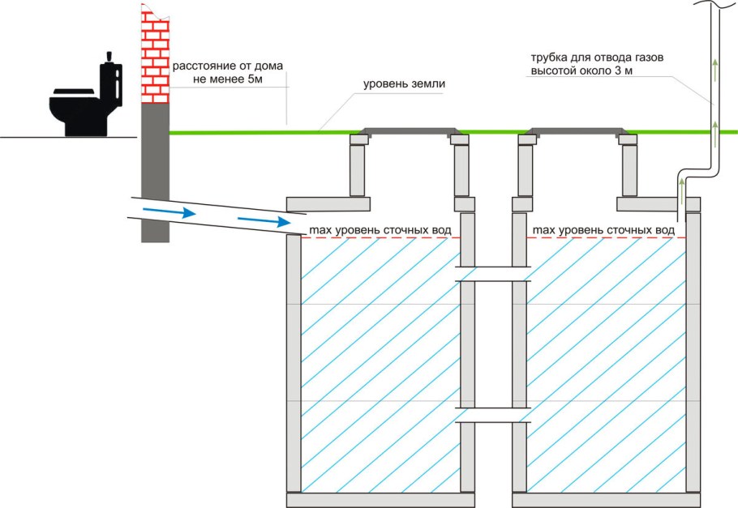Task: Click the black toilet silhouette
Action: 86,99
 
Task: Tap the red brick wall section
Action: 156,54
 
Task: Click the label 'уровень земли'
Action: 404,84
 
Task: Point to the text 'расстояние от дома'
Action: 228,66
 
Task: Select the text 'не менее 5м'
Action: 228,79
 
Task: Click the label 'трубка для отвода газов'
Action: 597,58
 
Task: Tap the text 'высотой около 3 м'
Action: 581,70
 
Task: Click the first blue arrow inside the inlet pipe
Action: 169,212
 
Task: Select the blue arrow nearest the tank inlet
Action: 264,220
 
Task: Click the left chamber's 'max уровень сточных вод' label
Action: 380,230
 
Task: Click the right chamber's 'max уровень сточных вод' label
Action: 603,230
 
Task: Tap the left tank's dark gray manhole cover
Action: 410,132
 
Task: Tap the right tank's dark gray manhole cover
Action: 577,132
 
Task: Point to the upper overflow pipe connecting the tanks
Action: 493,274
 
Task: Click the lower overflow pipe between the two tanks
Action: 493,415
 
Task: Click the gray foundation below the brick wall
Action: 156,173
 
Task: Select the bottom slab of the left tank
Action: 380,500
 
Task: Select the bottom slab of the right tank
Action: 607,500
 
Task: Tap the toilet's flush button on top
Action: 110,57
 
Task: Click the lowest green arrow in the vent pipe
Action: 681,191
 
